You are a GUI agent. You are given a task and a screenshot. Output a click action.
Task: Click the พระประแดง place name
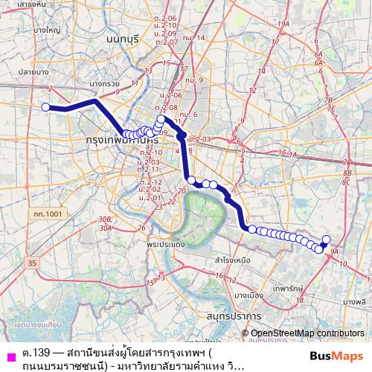(167, 244)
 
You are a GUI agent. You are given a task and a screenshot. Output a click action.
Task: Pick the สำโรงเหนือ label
(233, 261)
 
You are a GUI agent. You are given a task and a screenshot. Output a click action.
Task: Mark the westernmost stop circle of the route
(45, 107)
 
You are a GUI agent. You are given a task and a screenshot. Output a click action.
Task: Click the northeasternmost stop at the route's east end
(325, 240)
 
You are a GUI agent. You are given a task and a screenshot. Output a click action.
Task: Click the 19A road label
(283, 25)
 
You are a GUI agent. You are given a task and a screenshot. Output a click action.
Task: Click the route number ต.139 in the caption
(36, 351)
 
